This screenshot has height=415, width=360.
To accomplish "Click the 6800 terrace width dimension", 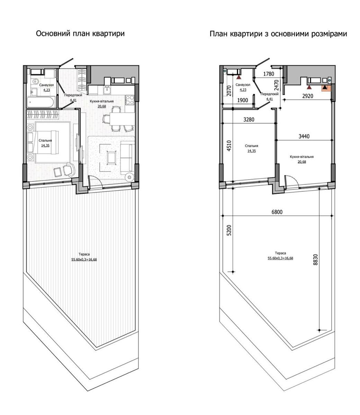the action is tap(277, 212).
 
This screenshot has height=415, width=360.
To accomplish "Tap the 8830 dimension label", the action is tap(315, 260).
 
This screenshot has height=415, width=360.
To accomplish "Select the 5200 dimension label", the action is tap(229, 230).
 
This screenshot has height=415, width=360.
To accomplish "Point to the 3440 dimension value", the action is tap(304, 136).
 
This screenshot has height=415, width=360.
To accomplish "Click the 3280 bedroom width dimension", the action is tap(249, 119).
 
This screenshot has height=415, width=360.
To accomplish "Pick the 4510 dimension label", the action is tap(229, 146).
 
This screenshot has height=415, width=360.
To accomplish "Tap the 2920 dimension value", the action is tap(308, 96).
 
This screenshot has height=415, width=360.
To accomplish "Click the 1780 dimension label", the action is tap(269, 74).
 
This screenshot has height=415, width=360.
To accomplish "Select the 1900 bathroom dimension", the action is tap(243, 100).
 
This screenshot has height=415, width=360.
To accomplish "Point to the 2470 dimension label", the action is tap(277, 85).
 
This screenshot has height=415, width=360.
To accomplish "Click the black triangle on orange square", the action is tap(325, 87).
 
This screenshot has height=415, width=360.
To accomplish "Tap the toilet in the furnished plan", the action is tap(36, 82).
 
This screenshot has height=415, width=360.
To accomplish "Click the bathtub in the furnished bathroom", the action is tap(41, 102).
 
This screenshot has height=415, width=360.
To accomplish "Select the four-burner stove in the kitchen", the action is tap(130, 100).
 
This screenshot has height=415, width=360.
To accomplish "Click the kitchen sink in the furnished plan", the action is tap(108, 90).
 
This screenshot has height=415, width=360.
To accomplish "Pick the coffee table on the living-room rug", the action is tap(111, 157).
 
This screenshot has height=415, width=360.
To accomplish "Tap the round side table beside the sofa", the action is tap(130, 177).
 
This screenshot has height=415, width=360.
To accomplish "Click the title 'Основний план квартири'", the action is tap(80, 33).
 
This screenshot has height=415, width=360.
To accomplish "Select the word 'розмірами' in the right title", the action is tap(329, 34).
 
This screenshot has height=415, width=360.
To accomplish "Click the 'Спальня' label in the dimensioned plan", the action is tap(251, 146).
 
